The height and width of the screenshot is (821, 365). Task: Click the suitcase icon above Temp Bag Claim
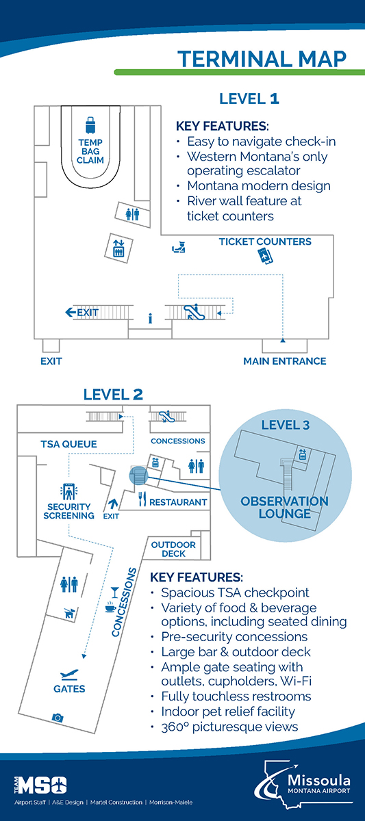click(90, 125)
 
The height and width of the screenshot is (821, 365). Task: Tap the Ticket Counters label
click(265, 242)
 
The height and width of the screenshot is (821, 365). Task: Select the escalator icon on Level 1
click(194, 311)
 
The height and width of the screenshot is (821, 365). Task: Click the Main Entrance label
click(285, 361)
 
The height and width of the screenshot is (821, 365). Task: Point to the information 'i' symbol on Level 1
click(150, 319)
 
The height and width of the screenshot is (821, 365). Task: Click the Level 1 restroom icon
click(132, 214)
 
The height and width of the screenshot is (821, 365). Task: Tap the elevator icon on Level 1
click(118, 248)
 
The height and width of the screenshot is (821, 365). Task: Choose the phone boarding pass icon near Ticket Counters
click(265, 256)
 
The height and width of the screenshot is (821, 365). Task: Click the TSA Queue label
click(68, 444)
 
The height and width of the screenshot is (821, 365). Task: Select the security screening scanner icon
click(68, 492)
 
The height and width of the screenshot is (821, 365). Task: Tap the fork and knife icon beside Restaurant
click(142, 499)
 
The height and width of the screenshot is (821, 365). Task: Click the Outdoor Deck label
click(173, 549)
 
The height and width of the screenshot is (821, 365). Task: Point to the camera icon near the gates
click(58, 717)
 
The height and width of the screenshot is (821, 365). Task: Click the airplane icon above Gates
click(69, 675)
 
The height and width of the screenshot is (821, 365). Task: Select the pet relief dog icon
click(69, 613)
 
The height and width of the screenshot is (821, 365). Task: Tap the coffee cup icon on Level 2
click(110, 606)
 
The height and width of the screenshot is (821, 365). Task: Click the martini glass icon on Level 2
click(115, 592)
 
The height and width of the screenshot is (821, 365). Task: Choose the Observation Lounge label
click(284, 507)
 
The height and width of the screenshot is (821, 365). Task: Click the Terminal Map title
click(262, 59)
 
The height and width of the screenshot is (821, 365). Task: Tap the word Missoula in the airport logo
click(319, 780)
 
